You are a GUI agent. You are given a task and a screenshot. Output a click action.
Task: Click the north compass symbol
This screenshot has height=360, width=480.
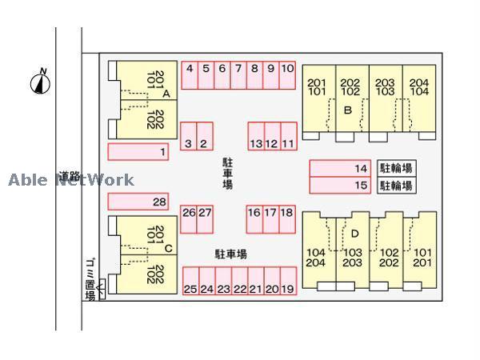pos(41,82)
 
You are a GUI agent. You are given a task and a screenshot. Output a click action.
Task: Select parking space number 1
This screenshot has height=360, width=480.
pos(138,152)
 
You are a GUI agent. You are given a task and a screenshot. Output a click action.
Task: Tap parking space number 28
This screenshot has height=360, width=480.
pos(138,202)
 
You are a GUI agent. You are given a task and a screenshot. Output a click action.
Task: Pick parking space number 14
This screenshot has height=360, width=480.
pos(340,168)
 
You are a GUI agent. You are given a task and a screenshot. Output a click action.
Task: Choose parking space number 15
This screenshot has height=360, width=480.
pos(340,186)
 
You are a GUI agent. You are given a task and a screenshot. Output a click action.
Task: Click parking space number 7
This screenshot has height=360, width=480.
pos(238,75)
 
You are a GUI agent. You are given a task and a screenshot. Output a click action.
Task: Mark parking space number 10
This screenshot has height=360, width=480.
pos(287,75)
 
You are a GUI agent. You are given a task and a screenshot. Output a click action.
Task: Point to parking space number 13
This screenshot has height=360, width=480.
pos(256,136)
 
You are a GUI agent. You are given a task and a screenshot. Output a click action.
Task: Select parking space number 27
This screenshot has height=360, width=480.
pos(205,219)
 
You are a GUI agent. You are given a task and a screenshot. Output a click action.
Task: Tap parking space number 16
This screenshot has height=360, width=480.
pos(254,219)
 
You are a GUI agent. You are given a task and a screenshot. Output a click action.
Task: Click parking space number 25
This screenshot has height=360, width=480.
pos(191,281)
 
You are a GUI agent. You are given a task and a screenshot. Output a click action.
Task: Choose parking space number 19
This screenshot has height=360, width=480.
pos(288,281)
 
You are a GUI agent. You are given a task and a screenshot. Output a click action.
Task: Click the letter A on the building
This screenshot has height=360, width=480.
pos(166,94)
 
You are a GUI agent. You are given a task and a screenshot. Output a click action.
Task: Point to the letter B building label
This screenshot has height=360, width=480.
pos(348,110)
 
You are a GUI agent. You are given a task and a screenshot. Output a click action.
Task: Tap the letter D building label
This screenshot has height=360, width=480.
pos(354,234)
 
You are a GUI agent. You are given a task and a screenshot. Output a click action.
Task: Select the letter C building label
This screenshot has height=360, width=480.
pos(168,248)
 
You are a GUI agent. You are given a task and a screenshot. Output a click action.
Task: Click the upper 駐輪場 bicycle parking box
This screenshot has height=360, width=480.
pos(397,168)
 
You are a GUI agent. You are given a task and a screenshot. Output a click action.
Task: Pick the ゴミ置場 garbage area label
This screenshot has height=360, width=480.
pos(90,279)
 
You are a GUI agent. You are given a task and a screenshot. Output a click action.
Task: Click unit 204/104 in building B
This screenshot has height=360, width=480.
pos(419,98)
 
